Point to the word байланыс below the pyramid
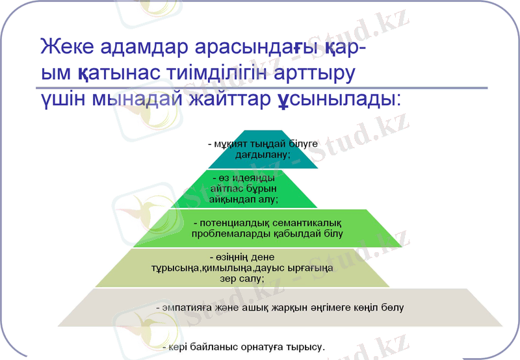point(227,348)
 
